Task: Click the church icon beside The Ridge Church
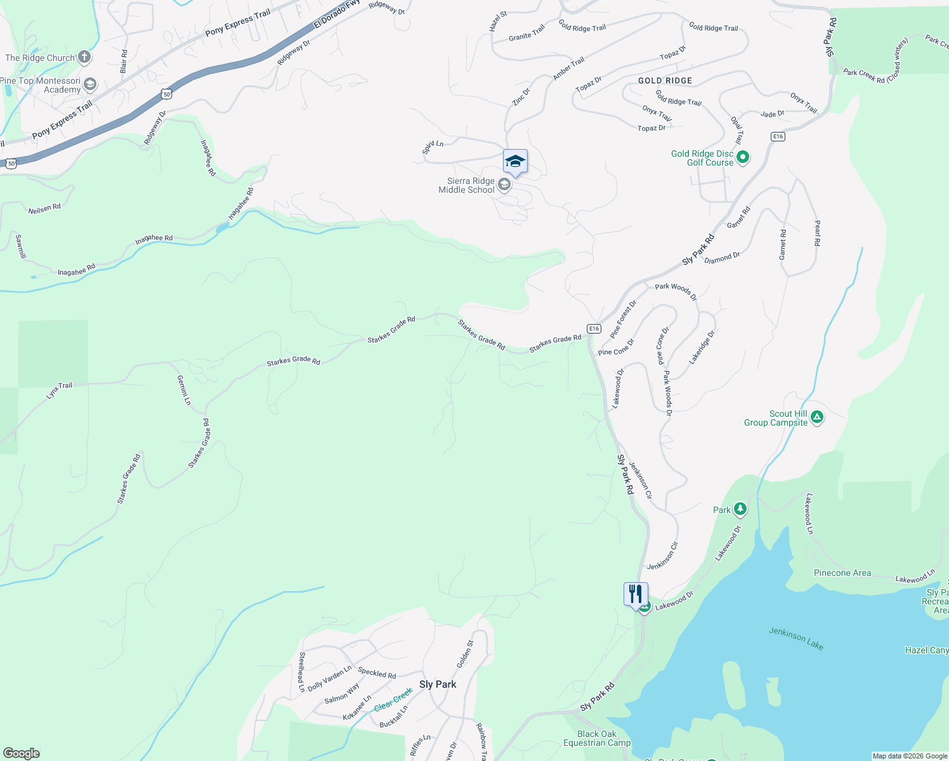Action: click(x=84, y=58)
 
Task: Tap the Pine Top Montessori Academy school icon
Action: click(x=90, y=84)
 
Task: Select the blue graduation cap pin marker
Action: click(x=515, y=162)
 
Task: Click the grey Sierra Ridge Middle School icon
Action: click(x=504, y=185)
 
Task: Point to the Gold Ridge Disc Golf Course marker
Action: click(x=743, y=157)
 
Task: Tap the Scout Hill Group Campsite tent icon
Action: click(x=817, y=417)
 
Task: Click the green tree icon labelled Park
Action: click(x=740, y=509)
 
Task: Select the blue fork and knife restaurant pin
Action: click(x=636, y=594)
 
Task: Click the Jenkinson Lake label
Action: click(x=796, y=638)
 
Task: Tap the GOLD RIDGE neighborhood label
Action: click(x=665, y=81)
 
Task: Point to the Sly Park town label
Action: click(x=438, y=684)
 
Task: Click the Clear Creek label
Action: click(x=393, y=700)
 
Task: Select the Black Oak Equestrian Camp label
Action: click(x=597, y=738)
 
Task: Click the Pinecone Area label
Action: click(x=842, y=573)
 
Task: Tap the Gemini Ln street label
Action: click(x=183, y=390)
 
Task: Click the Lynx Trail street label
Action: click(x=60, y=389)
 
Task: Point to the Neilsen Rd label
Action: click(x=44, y=209)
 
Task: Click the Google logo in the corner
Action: click(x=22, y=753)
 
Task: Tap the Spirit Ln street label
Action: click(x=433, y=147)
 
